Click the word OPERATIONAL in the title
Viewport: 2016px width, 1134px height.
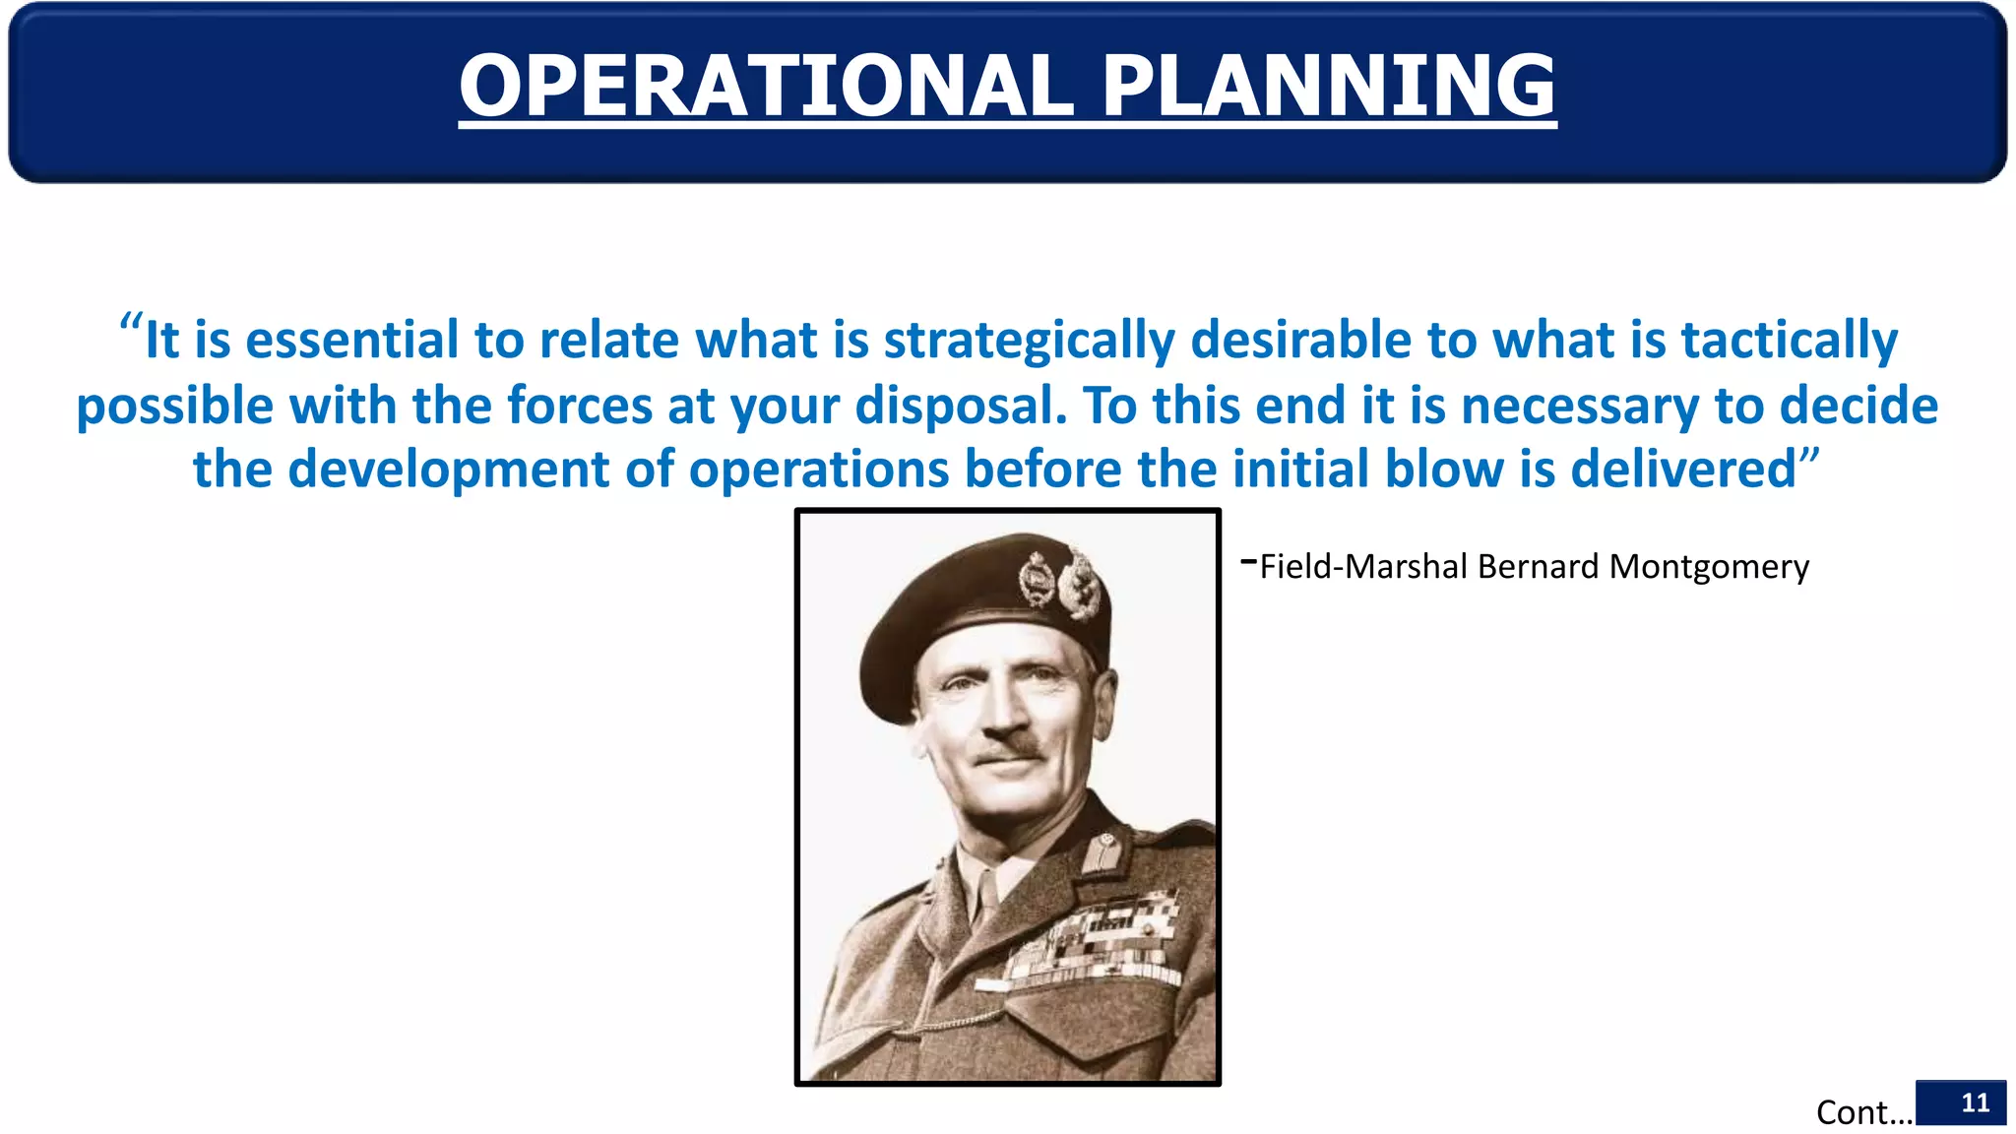coord(766,86)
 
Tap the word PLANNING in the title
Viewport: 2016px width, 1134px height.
coord(1328,86)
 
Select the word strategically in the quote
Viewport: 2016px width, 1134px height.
coord(1029,341)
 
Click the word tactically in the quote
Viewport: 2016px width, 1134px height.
coord(1789,341)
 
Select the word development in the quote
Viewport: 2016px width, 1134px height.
coord(449,470)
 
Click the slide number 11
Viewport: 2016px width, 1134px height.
coord(1975,1102)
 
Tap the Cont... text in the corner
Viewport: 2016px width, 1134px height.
coord(1863,1112)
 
